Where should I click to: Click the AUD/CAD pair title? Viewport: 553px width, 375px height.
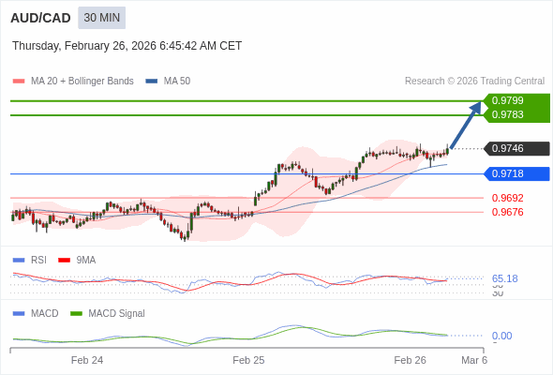pyautogui.click(x=39, y=18)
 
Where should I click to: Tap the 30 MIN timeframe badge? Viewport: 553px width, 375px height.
pyautogui.click(x=101, y=18)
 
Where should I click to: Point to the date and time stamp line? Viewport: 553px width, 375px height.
pyautogui.click(x=127, y=45)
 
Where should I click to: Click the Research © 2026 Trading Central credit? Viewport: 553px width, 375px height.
pyautogui.click(x=474, y=82)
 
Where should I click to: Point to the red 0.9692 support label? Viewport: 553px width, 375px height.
pyautogui.click(x=507, y=198)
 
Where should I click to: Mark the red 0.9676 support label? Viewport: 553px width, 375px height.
pyautogui.click(x=507, y=212)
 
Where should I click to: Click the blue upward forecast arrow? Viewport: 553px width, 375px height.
pyautogui.click(x=466, y=125)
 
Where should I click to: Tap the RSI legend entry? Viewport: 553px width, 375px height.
pyautogui.click(x=37, y=260)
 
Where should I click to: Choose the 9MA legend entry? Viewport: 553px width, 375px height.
pyautogui.click(x=85, y=260)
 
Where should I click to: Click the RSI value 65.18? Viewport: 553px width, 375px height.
pyautogui.click(x=504, y=278)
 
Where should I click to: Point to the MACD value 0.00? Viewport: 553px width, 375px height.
pyautogui.click(x=501, y=336)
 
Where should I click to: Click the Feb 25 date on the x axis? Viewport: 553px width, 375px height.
pyautogui.click(x=248, y=360)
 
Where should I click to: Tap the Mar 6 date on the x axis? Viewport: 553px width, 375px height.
pyautogui.click(x=474, y=360)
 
